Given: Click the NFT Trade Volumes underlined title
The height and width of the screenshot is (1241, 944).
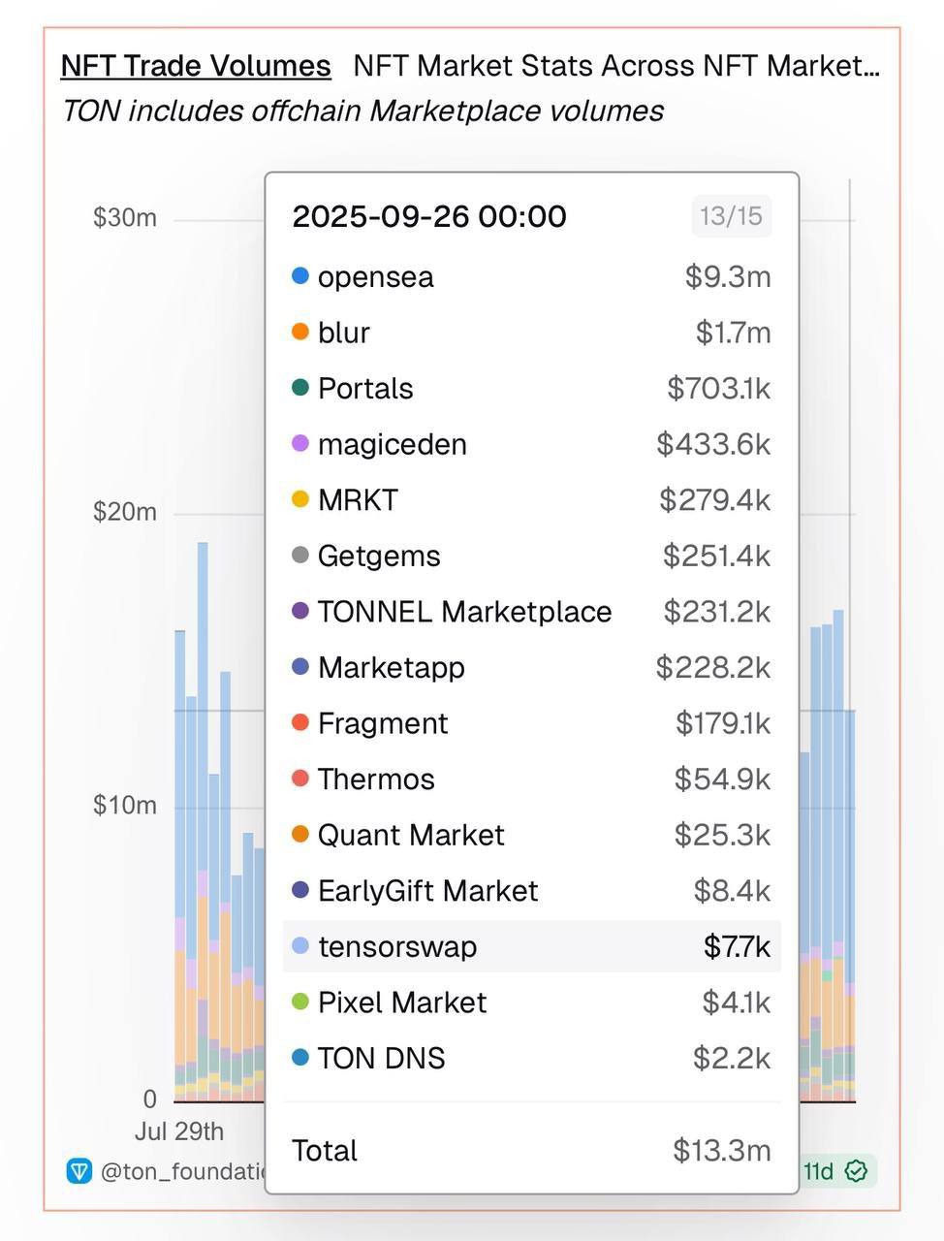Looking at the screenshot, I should [196, 66].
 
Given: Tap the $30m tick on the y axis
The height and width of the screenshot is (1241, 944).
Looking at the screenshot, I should [124, 217].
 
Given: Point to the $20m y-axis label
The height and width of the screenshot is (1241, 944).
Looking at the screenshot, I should [124, 511].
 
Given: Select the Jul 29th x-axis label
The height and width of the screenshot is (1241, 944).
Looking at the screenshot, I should [179, 1131].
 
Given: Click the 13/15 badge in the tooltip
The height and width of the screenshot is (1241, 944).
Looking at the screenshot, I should [731, 215].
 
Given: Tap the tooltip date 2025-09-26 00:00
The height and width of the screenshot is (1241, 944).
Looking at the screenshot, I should [429, 216].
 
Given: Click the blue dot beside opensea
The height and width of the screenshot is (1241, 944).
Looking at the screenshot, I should [300, 276].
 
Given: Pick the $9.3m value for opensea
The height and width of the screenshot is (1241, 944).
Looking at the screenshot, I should [728, 277].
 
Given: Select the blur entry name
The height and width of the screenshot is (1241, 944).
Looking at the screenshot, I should [344, 333].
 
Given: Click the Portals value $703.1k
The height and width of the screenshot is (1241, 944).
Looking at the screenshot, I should [718, 389].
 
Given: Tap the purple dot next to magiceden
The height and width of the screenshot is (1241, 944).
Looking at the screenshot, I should [300, 444].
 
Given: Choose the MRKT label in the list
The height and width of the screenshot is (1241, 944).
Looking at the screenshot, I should [358, 500].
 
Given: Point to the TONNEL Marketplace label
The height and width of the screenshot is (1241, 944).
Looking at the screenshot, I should [464, 612].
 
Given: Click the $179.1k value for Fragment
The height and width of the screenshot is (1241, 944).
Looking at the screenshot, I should [722, 723].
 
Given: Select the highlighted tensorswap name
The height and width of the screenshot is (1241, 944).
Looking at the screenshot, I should [397, 946].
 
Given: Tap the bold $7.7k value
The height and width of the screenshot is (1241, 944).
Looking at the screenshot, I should [737, 946].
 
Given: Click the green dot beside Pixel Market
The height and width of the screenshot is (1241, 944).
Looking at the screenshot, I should [300, 1002].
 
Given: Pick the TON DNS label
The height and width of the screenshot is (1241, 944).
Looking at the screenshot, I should [381, 1058].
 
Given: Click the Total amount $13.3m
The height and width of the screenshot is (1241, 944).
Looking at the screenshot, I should [722, 1151].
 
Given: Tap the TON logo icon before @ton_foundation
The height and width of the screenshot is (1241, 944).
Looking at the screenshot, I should [79, 1171].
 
